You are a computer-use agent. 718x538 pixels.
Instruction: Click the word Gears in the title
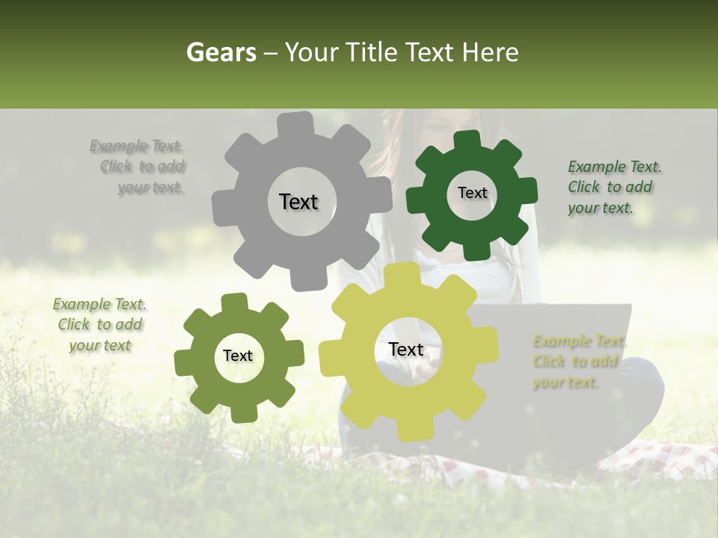(220, 52)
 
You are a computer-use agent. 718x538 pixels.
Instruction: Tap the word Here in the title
(491, 52)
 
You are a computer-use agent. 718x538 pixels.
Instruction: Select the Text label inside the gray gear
(298, 202)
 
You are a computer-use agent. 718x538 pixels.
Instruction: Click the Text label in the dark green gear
(472, 193)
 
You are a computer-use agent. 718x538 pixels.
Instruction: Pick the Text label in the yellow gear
(406, 350)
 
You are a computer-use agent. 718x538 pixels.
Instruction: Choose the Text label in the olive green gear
(238, 356)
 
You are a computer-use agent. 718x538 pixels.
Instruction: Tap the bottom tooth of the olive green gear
(244, 412)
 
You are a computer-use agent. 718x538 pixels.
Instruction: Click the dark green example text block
(613, 188)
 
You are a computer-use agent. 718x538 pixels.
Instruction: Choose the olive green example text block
(99, 325)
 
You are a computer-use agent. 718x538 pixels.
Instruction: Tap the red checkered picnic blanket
(658, 460)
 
